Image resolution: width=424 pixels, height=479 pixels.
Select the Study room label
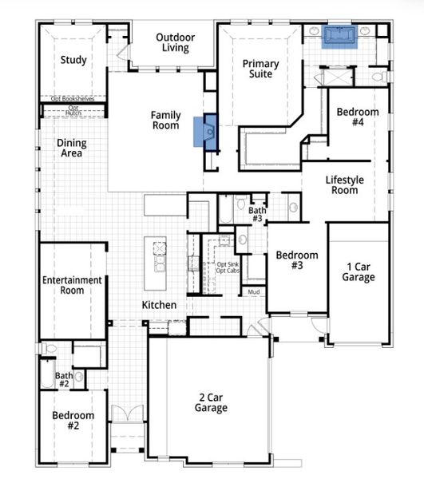click(x=73, y=60)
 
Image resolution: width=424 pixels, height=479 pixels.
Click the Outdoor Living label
click(x=174, y=42)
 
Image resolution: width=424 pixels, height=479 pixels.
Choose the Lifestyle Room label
click(x=344, y=185)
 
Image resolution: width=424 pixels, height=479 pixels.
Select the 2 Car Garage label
click(x=210, y=402)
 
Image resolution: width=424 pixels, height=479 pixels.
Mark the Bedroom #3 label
click(x=297, y=260)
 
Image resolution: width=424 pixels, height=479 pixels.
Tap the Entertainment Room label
click(x=72, y=285)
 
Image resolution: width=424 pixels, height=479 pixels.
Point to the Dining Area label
click(x=71, y=148)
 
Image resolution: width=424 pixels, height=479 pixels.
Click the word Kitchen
click(x=159, y=305)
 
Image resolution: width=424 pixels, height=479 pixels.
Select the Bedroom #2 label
click(x=73, y=421)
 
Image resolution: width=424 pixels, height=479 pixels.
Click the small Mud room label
click(x=254, y=292)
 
